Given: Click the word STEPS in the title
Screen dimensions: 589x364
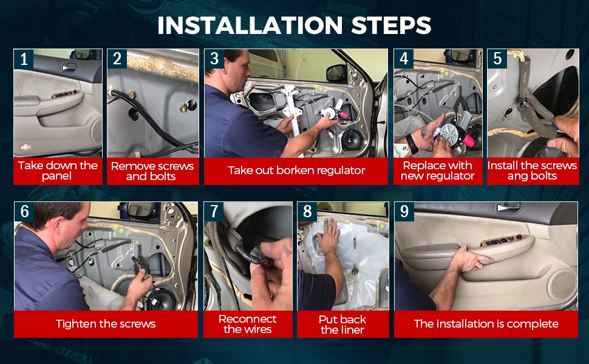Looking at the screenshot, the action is click(x=391, y=25).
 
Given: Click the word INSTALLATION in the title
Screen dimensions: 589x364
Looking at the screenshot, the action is click(x=250, y=25).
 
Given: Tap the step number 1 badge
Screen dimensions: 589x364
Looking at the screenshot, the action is click(x=24, y=59).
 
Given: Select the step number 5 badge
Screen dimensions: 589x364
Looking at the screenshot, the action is click(x=497, y=58).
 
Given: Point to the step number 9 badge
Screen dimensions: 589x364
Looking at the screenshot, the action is click(x=404, y=211).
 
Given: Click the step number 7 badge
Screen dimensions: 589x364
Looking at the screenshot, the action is click(x=214, y=211).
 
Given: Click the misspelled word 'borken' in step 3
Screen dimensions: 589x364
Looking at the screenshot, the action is click(x=294, y=170).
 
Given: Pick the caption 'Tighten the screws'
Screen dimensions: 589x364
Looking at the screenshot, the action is click(x=106, y=324).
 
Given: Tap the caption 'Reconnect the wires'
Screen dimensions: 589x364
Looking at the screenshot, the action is click(x=248, y=324).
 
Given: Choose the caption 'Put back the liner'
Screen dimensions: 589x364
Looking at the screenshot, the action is click(x=342, y=325).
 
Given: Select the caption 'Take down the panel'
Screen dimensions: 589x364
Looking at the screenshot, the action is click(x=58, y=170).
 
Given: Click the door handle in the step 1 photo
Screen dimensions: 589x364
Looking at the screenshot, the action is click(x=69, y=67).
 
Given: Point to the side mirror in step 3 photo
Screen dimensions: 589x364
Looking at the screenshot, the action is click(x=336, y=74).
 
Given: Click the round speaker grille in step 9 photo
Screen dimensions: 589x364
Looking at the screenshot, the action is click(x=562, y=283).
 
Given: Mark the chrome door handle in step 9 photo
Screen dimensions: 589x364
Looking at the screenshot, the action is click(x=508, y=207).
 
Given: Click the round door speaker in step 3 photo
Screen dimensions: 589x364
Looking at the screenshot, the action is click(x=352, y=139).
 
